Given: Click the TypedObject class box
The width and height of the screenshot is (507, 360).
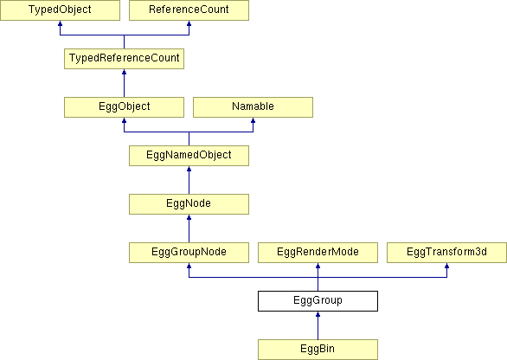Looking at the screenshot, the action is coord(60,10).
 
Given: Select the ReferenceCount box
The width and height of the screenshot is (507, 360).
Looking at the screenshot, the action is coord(189,10).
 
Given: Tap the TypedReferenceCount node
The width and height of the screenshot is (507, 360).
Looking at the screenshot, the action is coord(125,59).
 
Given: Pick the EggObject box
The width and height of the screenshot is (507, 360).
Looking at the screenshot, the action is coord(125,107).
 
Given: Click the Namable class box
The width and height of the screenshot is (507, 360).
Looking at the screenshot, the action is coord(253,107).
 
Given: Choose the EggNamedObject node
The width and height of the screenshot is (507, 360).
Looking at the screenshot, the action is coord(189,156).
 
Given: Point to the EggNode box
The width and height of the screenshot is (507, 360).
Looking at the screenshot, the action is coord(189,204).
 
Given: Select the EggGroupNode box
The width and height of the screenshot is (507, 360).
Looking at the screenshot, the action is coord(189,253).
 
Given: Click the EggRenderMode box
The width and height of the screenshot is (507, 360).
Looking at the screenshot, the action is coord(318,253).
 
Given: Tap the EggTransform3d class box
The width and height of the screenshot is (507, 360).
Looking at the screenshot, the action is coord(446,253).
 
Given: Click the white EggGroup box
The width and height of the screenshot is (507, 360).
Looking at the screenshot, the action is coord(318,301).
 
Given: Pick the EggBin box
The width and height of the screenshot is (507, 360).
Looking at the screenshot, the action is coord(318,350).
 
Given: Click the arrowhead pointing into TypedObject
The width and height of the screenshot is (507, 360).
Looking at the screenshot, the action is coord(60,23).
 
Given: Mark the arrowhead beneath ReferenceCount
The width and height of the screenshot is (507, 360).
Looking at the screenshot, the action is coord(189,23).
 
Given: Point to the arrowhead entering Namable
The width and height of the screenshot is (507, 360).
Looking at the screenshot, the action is coord(253,120).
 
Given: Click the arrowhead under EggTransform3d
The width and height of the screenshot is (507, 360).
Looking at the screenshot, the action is coord(446,266).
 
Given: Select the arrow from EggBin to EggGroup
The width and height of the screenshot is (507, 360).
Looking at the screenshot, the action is coord(318,325).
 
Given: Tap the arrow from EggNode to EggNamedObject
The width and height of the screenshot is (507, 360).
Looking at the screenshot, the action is coord(189,180).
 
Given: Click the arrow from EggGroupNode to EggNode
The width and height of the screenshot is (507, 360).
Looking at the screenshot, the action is coord(189,228).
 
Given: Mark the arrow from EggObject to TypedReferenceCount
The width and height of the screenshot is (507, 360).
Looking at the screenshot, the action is coord(125,83).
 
